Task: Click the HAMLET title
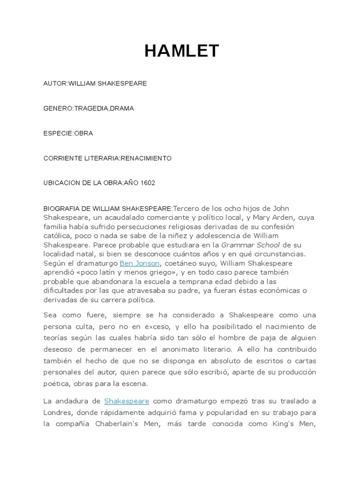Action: click(x=181, y=51)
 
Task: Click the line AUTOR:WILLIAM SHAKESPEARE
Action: click(x=95, y=83)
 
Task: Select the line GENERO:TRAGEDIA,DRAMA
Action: click(x=89, y=108)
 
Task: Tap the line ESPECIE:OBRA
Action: click(x=68, y=133)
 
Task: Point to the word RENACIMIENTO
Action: click(x=146, y=158)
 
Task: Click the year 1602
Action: click(x=146, y=183)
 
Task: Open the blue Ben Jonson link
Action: click(x=140, y=263)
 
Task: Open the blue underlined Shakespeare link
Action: click(x=127, y=401)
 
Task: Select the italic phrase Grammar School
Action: click(x=250, y=245)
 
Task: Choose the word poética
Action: click(x=57, y=383)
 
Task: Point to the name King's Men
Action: click(x=299, y=424)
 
